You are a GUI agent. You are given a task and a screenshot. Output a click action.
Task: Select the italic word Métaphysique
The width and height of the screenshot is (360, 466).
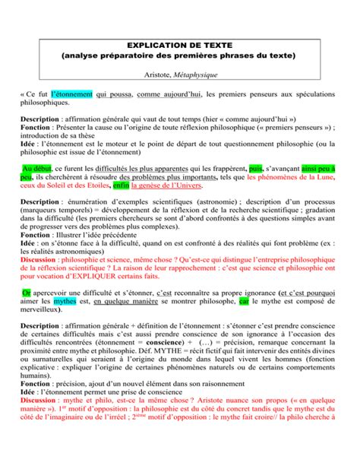tap(199, 74)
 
